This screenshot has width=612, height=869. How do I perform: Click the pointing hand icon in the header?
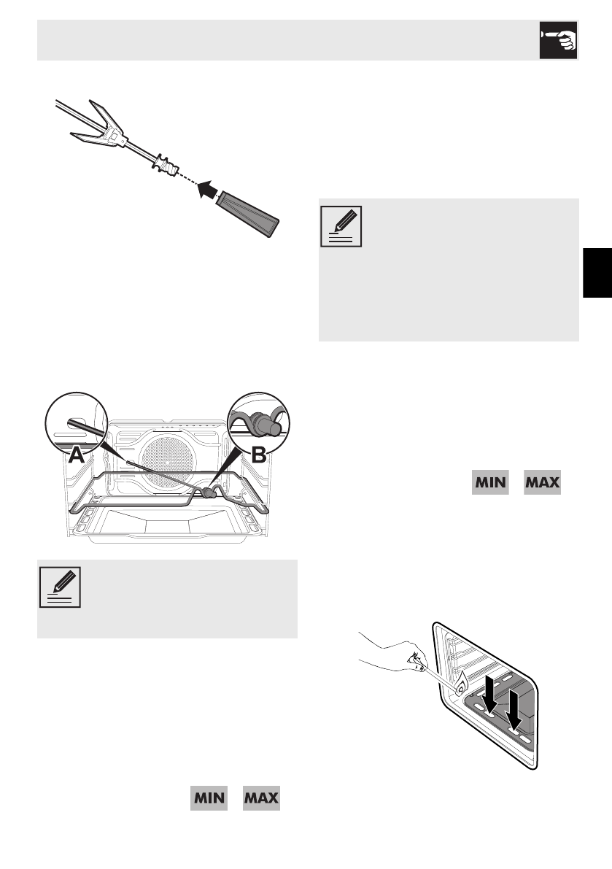click(x=559, y=40)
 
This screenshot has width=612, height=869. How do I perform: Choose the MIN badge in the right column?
click(x=490, y=484)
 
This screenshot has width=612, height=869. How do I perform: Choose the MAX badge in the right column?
click(x=543, y=484)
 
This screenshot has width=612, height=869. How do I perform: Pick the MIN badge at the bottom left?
click(x=209, y=797)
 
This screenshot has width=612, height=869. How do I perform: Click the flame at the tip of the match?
click(x=461, y=685)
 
